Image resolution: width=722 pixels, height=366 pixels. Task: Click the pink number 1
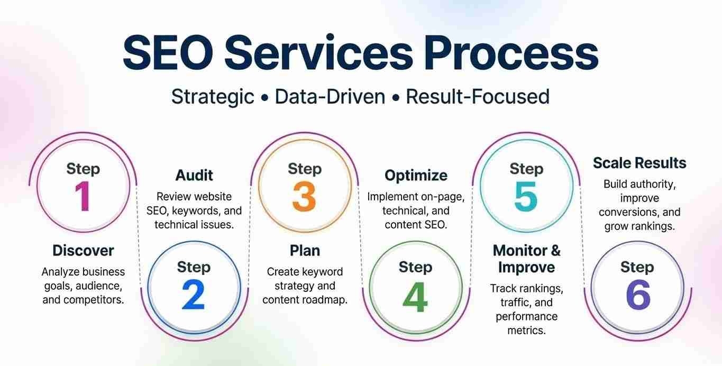(83, 196)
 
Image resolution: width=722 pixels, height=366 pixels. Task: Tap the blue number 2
(194, 295)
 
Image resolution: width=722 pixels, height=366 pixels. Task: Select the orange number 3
(304, 196)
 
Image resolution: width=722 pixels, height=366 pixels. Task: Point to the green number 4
(415, 297)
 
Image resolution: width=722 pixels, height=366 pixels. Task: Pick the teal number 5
(526, 196)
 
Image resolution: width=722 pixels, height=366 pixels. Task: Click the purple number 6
(638, 295)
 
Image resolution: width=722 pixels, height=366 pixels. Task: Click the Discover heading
(83, 251)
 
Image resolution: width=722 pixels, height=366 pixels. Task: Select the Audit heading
(194, 176)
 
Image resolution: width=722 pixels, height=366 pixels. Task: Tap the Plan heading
(305, 251)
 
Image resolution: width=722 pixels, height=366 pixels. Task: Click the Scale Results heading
(639, 163)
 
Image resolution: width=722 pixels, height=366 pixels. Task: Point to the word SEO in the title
(168, 52)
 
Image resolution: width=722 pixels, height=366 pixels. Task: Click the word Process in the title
(511, 52)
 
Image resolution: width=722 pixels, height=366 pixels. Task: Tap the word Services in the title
(318, 52)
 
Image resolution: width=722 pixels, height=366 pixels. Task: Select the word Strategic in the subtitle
(213, 97)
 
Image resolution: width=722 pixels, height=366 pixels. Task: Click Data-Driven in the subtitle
(330, 96)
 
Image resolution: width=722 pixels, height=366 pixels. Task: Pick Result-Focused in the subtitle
(478, 96)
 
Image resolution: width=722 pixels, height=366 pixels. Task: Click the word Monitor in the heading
(520, 251)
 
